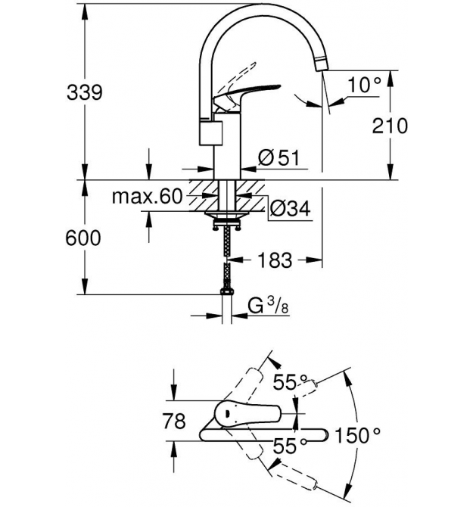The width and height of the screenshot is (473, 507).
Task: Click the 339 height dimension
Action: (85, 92)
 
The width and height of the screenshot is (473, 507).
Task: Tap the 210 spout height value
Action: (390, 126)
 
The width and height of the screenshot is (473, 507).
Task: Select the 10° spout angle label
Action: (364, 85)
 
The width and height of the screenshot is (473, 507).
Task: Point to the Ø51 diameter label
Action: (279, 157)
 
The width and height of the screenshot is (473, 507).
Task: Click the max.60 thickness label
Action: (147, 196)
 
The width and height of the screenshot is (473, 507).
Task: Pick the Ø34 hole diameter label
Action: (290, 209)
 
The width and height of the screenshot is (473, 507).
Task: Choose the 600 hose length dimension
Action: (83, 238)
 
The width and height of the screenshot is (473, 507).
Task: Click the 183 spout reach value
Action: (275, 260)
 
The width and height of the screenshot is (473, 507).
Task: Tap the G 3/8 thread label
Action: (268, 306)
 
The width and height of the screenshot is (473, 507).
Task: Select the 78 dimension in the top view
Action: (174, 421)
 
